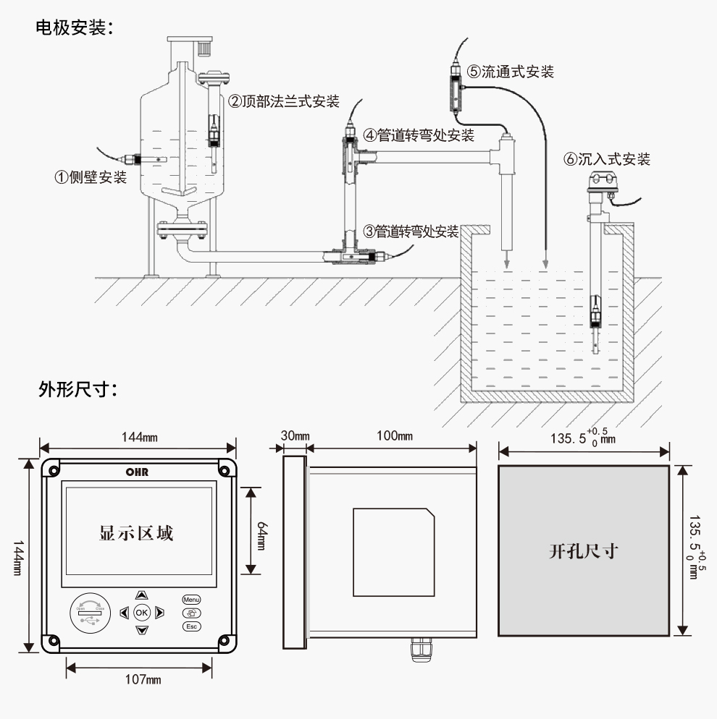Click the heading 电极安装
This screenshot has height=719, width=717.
75,28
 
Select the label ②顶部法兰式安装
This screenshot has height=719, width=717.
284,101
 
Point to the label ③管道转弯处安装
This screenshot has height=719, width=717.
411,231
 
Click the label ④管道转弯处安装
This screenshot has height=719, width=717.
419,135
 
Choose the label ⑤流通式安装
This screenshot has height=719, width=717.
511,72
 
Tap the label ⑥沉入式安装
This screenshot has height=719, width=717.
607,159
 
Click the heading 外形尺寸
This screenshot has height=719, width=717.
75,390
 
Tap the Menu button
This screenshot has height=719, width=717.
191,600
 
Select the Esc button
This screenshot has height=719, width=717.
191,626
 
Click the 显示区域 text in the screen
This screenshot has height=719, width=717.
136,534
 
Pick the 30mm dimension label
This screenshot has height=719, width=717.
295,436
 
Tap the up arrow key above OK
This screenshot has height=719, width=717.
141,595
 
